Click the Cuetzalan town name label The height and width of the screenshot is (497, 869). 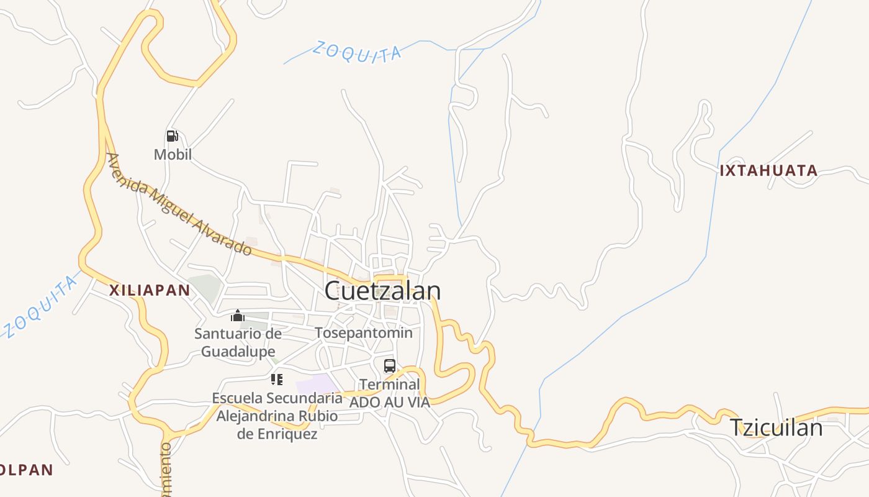(x=382, y=291)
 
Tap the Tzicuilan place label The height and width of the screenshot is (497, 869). (x=775, y=427)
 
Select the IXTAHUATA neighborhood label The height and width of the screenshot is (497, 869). (x=768, y=170)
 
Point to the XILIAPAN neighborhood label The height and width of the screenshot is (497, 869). (x=150, y=290)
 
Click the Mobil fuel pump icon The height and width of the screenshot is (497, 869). (x=173, y=136)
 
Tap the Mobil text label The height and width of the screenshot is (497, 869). (x=173, y=154)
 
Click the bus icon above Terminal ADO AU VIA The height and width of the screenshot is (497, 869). (x=390, y=366)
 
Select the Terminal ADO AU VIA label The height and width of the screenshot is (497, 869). (x=390, y=393)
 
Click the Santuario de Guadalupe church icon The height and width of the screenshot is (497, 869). (x=238, y=316)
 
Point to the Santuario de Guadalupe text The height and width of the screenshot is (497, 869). (x=238, y=342)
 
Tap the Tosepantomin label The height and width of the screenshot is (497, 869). (x=364, y=333)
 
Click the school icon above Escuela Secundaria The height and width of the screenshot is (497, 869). (x=277, y=379)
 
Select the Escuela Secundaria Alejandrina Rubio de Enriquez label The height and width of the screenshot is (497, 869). (x=277, y=416)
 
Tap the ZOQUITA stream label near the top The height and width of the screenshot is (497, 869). (x=357, y=52)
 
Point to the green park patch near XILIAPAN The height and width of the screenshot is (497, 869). (x=205, y=286)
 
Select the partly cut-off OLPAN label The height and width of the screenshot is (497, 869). (x=26, y=470)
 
